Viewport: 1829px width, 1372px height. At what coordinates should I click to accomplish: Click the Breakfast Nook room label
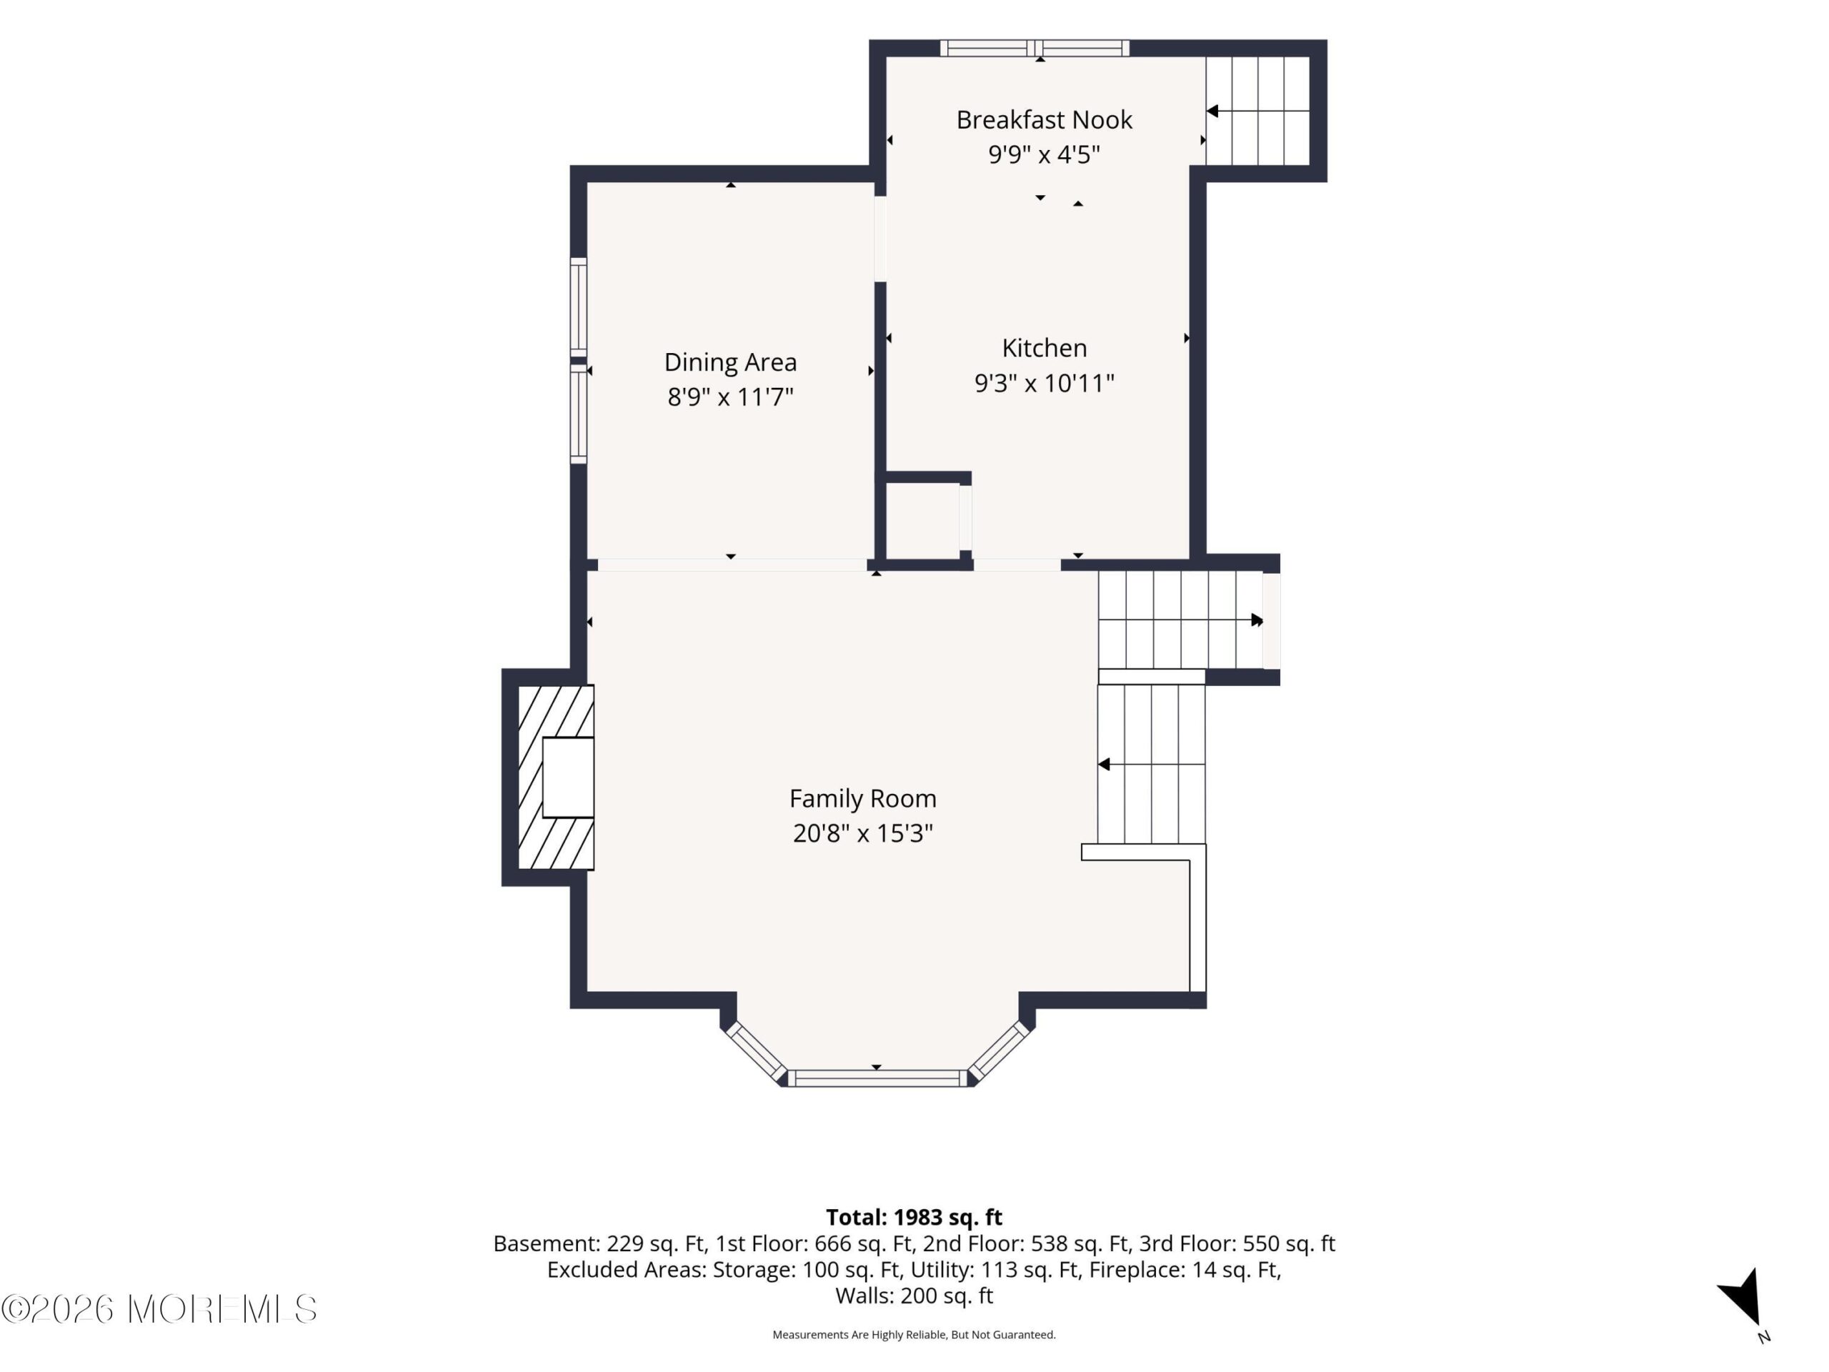[x=1044, y=120]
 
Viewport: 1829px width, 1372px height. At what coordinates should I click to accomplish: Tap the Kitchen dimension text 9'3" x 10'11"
[x=1045, y=383]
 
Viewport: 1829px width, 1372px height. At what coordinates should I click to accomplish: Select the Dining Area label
[x=730, y=362]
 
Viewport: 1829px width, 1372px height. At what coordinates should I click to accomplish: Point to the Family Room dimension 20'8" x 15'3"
[x=862, y=832]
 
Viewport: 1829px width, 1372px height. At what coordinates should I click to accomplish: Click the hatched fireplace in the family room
[x=556, y=777]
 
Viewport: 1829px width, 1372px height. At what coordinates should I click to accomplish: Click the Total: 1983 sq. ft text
[x=914, y=1218]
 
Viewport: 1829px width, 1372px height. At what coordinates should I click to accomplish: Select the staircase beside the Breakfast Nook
[x=1257, y=111]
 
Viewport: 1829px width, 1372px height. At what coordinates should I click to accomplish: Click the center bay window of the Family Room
[x=877, y=1078]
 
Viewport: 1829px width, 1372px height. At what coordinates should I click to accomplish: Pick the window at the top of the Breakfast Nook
[x=1035, y=48]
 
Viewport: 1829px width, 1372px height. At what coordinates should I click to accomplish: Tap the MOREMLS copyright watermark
[x=159, y=1309]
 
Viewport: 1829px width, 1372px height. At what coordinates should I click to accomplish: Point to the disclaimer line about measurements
[x=914, y=1334]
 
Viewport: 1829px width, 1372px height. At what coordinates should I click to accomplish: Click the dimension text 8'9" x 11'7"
[x=730, y=397]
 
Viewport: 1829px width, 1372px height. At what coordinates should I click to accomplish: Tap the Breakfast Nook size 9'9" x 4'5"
[x=1044, y=154]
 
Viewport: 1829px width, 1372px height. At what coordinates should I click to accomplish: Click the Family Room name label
[x=862, y=799]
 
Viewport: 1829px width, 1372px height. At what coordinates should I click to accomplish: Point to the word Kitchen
[x=1045, y=348]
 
